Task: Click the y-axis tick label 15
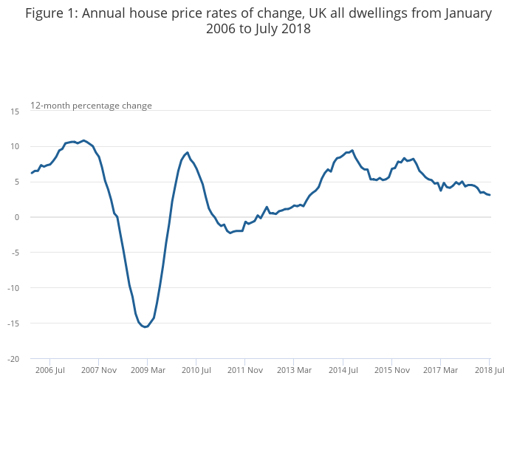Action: tap(15, 111)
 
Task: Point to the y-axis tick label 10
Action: tap(15, 146)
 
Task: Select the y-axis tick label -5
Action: tap(15, 252)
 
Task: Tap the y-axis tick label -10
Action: tap(13, 287)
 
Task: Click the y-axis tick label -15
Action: tap(13, 323)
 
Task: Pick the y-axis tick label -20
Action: tap(13, 358)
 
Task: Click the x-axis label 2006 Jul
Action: tap(50, 369)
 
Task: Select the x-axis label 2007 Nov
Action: tap(99, 369)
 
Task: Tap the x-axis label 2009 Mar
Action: tap(148, 369)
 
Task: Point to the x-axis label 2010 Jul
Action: tap(196, 369)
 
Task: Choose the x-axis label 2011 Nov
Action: tap(245, 369)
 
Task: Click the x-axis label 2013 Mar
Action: tap(294, 369)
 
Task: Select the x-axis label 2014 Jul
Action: tap(343, 369)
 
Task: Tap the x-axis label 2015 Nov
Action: tap(391, 369)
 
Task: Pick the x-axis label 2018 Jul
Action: tap(489, 369)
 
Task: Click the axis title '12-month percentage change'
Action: tap(91, 106)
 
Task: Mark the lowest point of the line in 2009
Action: tap(145, 327)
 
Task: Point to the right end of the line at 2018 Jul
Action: tap(490, 195)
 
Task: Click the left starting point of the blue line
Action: tap(32, 173)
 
